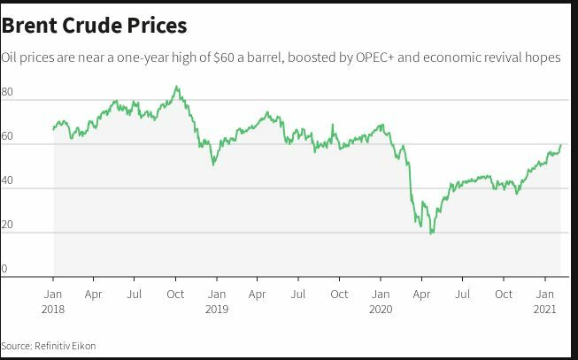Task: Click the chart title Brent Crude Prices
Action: point(94,25)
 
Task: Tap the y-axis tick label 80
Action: point(7,92)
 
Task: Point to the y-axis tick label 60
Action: point(7,136)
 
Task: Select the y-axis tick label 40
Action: point(7,180)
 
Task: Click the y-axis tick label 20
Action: point(7,225)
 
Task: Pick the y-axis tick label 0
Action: point(4,269)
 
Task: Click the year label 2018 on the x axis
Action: point(52,309)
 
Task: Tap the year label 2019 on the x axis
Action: point(216,309)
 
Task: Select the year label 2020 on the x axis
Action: point(380,309)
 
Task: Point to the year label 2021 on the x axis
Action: point(544,309)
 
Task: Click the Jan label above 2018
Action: point(52,294)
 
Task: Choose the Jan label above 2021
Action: point(544,294)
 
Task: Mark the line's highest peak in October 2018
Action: point(177,87)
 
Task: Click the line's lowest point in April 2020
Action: point(431,234)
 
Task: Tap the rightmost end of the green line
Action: point(561,144)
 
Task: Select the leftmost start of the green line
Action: point(53,129)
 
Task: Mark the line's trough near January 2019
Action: point(213,165)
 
